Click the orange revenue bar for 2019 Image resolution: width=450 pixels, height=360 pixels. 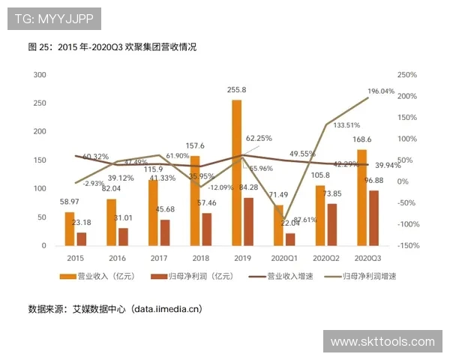(236, 172)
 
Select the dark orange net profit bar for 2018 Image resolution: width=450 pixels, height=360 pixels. (207, 229)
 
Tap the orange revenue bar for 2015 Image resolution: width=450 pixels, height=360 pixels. (70, 229)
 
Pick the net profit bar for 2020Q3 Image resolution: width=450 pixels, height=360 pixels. (374, 217)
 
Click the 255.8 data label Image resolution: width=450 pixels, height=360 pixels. (237, 90)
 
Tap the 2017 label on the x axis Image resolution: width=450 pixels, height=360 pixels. (158, 258)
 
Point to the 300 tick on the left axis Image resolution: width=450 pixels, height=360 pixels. (40, 75)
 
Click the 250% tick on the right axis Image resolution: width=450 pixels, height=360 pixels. (407, 75)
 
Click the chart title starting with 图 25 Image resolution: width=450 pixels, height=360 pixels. (112, 46)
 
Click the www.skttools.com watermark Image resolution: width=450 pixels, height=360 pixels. (382, 342)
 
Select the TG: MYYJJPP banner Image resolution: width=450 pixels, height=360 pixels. (54, 18)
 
